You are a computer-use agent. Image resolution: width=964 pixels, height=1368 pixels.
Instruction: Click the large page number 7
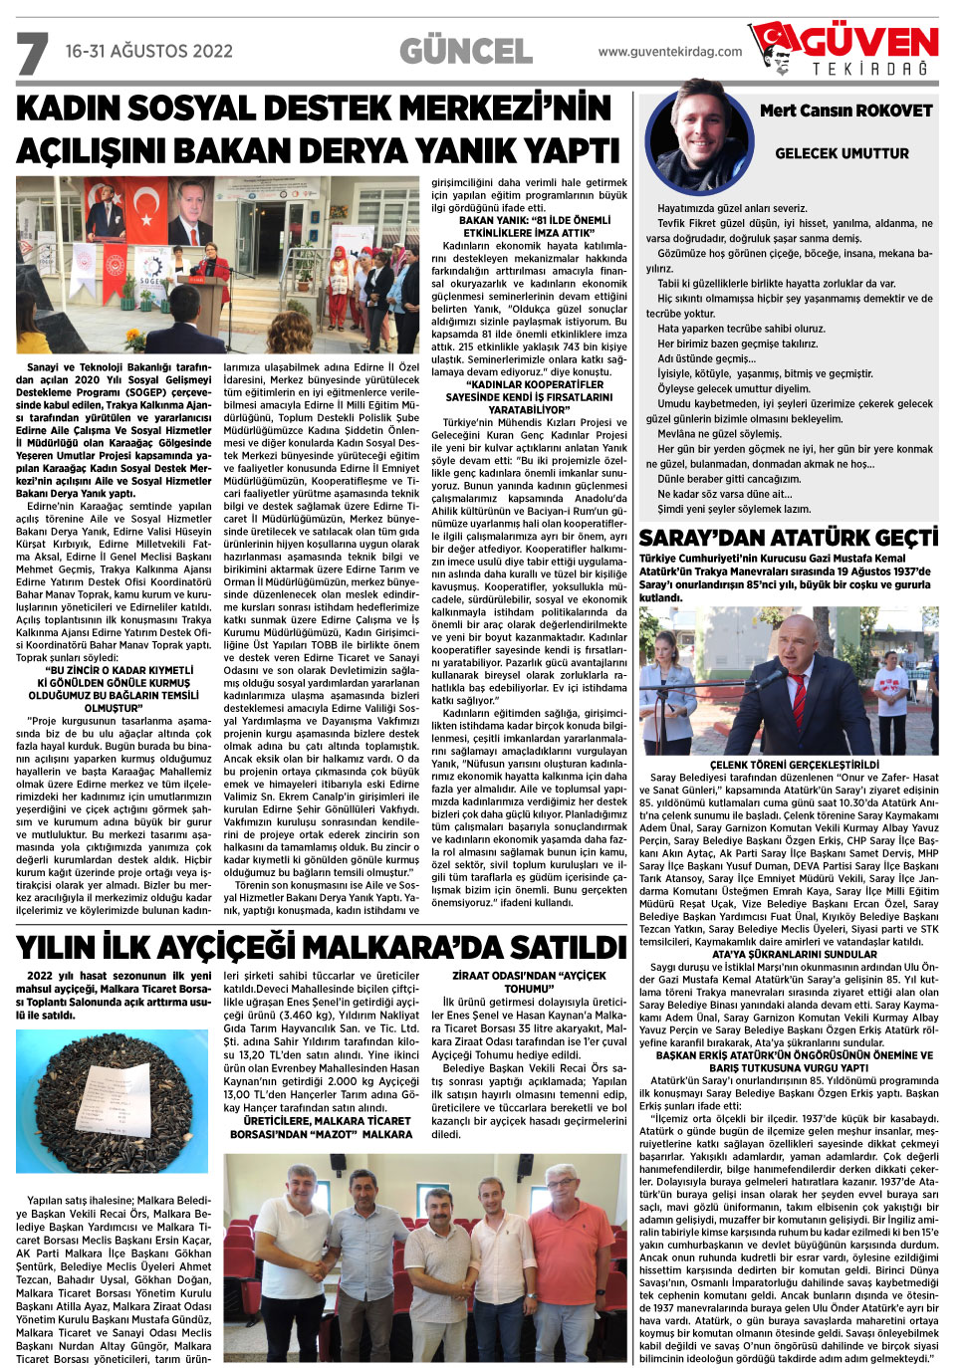pos(32,54)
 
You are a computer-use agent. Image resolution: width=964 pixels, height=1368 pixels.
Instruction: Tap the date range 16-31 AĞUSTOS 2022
pos(148,51)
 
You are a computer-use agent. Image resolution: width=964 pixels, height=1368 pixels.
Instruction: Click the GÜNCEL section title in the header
pos(465,51)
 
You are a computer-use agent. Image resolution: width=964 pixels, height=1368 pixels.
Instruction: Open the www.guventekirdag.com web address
pos(670,52)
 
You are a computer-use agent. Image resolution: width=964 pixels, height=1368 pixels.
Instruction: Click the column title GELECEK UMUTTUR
pos(842,153)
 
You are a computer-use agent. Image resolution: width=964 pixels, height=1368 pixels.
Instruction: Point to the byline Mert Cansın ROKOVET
pos(845,111)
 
